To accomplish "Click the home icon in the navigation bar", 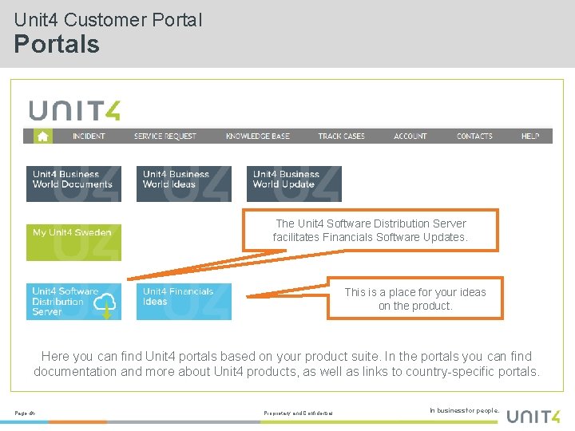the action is pyautogui.click(x=42, y=136).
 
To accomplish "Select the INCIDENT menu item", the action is pyautogui.click(x=89, y=136).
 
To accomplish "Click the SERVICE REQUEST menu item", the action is pyautogui.click(x=165, y=136).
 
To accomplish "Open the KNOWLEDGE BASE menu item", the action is pyautogui.click(x=257, y=136).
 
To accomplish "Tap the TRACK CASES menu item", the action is pyautogui.click(x=341, y=136).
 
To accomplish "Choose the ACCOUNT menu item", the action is pyautogui.click(x=410, y=136).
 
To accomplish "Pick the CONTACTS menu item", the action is pyautogui.click(x=474, y=136).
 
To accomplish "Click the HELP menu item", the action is pyautogui.click(x=530, y=136).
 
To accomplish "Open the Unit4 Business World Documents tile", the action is pyautogui.click(x=73, y=184).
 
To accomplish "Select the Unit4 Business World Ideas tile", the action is pyautogui.click(x=184, y=184).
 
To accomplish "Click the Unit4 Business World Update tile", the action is pyautogui.click(x=294, y=184).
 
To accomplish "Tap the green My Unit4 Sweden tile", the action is pyautogui.click(x=73, y=243).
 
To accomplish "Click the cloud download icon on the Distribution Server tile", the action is pyautogui.click(x=105, y=304).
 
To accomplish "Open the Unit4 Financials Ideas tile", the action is pyautogui.click(x=184, y=302).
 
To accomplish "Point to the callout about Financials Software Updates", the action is pyautogui.click(x=371, y=231).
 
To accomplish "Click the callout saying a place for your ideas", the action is pyautogui.click(x=415, y=299).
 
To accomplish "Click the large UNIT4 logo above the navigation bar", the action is pyautogui.click(x=75, y=110).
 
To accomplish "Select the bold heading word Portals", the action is pyautogui.click(x=57, y=44).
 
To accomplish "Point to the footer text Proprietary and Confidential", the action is pyautogui.click(x=298, y=413).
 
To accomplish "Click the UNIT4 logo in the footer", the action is pyautogui.click(x=533, y=414).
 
